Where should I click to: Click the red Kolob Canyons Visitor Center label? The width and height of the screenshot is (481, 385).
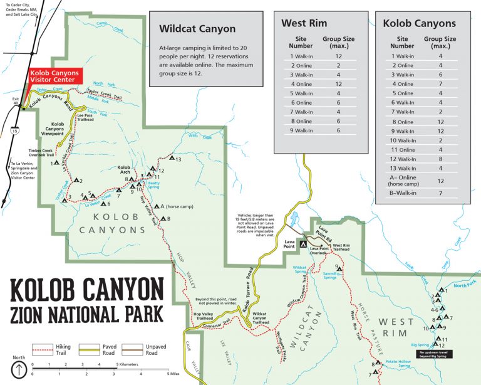coord(54,76)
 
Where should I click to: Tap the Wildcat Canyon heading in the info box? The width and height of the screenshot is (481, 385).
coord(197,29)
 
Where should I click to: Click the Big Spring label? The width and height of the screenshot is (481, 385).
coord(420,345)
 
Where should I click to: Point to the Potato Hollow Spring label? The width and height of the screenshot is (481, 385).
coord(398,364)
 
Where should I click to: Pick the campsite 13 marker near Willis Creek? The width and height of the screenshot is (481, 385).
coord(171,159)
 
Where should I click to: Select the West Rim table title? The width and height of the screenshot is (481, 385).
coord(304,24)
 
